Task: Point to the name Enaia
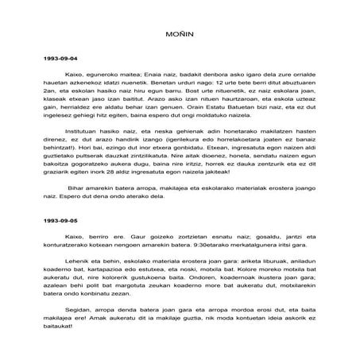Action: tap(135, 75)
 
